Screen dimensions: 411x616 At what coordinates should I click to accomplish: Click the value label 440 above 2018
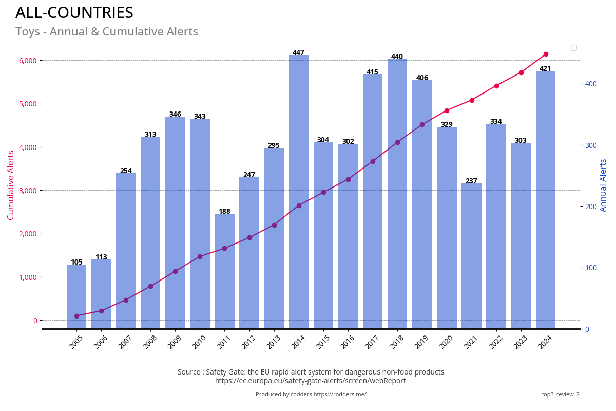pos(397,57)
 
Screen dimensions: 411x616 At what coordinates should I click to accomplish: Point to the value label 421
pos(545,69)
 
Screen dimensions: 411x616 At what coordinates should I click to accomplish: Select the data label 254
pos(126,171)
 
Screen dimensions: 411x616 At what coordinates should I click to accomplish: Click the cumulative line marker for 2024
pos(546,54)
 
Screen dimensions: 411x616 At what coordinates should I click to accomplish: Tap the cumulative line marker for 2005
pos(76,316)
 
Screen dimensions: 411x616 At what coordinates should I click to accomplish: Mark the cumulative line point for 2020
pos(447,110)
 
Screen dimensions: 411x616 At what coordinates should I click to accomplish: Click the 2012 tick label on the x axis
pos(248,342)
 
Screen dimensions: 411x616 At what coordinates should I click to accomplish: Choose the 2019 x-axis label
pos(421,342)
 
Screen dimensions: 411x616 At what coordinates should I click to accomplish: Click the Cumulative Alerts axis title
pos(11,185)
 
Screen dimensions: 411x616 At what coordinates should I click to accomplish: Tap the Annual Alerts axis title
pos(604,185)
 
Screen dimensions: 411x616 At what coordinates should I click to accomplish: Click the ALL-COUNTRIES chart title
pos(74,13)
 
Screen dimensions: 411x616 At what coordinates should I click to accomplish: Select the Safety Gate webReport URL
pos(311,381)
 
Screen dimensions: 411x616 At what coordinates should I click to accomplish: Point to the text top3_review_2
pos(561,395)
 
